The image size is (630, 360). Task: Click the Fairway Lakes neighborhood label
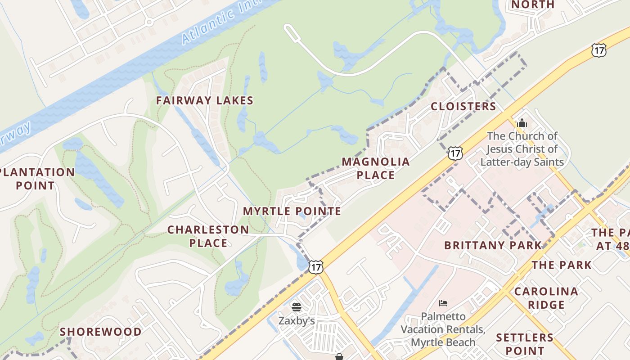[205, 100]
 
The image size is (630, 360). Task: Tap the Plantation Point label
[36, 179]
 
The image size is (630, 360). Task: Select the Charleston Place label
[208, 236]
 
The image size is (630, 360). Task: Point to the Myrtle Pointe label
[292, 211]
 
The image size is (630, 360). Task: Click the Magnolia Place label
[376, 168]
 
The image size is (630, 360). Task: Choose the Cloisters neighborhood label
[463, 107]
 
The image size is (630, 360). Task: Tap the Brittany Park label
[493, 245]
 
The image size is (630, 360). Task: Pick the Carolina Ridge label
[546, 298]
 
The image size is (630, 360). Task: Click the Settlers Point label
[525, 344]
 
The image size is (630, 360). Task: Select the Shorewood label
[101, 332]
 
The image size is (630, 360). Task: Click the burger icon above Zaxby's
[296, 307]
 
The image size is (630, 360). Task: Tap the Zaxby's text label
[296, 320]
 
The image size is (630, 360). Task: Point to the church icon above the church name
[522, 122]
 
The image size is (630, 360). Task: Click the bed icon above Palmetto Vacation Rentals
[443, 303]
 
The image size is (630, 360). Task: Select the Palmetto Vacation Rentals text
[443, 329]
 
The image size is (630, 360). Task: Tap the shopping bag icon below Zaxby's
[339, 357]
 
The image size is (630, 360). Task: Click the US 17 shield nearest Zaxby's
[316, 267]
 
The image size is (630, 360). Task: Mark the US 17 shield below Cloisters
[455, 153]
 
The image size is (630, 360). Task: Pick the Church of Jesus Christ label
[522, 149]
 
